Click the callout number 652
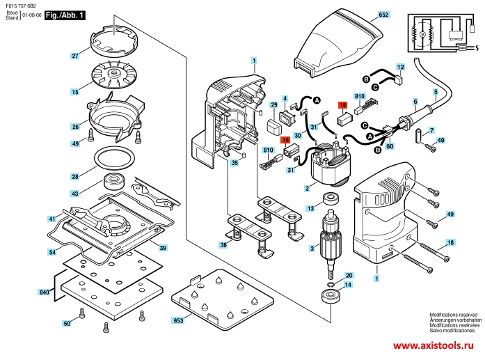coord(383,15)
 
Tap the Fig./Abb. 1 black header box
coord(65,15)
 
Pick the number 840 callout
coord(46,292)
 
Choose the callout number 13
coord(310,208)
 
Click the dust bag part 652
coord(337,42)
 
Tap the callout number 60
coord(390,146)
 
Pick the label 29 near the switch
coord(273,104)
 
